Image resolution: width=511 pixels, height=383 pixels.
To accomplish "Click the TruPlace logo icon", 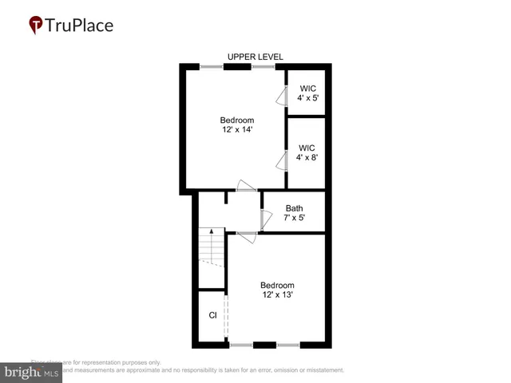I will [x=37, y=25].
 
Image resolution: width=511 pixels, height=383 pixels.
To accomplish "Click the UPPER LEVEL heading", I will [x=255, y=57].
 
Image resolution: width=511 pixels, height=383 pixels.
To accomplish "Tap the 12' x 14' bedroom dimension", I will [x=237, y=130].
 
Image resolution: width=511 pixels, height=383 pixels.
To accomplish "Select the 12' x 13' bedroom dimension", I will [x=277, y=295].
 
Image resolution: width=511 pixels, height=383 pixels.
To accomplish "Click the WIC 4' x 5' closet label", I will [x=307, y=98].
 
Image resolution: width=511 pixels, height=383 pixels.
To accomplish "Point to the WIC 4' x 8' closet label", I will [x=307, y=158].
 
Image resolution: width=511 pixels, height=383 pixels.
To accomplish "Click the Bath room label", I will [x=294, y=208].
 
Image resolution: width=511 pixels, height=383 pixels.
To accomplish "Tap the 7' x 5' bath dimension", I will [x=294, y=218].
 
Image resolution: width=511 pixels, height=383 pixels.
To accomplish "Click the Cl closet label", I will [x=213, y=315].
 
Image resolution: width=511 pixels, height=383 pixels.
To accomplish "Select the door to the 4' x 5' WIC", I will [x=282, y=97].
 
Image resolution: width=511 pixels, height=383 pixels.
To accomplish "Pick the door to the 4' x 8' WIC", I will [x=282, y=162].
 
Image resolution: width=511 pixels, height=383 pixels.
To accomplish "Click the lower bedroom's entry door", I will [x=246, y=234].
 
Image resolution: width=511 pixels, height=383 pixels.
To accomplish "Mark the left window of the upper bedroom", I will [x=212, y=67].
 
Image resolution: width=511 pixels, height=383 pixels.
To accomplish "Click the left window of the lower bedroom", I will [x=240, y=345].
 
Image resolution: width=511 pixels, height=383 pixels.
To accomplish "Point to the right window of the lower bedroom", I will [x=287, y=345].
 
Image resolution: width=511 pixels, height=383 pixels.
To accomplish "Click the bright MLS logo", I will [x=31, y=373].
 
